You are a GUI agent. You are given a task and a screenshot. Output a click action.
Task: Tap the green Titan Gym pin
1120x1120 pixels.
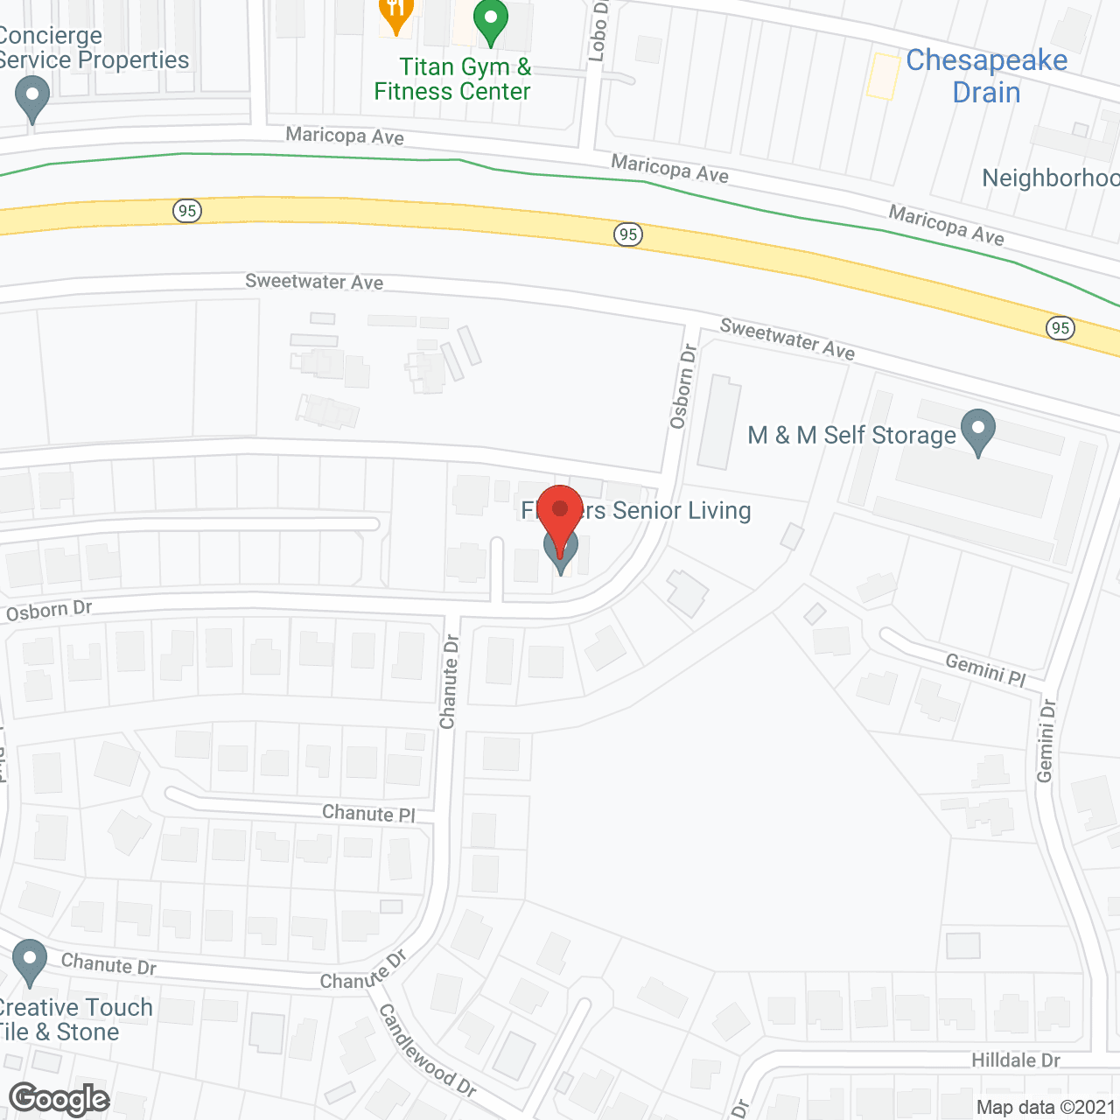pos(491,22)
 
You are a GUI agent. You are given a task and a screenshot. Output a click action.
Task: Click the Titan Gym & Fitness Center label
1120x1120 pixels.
pos(452,80)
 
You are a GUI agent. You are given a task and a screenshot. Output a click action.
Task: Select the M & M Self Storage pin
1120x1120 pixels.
pos(977,431)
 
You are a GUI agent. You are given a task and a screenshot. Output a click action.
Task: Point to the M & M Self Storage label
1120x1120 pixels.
pos(851,435)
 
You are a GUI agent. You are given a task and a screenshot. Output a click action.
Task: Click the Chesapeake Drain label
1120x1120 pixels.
pos(986,76)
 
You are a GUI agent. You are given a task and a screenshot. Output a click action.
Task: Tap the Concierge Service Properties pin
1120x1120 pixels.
pos(32,98)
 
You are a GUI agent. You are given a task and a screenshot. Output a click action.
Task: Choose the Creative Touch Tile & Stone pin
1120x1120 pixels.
pos(30,961)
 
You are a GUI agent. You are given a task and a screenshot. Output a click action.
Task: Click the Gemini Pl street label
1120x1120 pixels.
pos(985,670)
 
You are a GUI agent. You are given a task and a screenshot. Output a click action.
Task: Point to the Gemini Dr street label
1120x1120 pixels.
pos(1046,740)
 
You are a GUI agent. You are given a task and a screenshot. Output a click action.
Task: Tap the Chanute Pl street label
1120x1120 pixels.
pos(368,813)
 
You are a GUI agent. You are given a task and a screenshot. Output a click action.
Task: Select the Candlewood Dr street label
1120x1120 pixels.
pos(427,1050)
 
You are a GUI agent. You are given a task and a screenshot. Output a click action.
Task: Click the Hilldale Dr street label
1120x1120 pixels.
pos(1015,1060)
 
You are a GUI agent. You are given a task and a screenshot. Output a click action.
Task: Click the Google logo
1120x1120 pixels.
pos(59,1099)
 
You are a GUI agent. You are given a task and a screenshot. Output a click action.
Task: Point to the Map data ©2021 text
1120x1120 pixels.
pos(1046,1107)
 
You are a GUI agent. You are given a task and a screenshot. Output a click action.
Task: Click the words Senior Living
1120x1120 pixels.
pos(682,510)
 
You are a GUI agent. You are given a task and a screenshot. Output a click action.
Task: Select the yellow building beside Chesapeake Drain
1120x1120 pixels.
pos(883,76)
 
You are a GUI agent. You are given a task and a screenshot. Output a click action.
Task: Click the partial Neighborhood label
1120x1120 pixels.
pos(1050,178)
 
